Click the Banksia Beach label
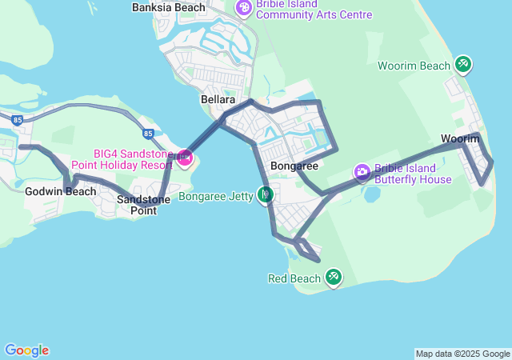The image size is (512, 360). pos(168,8)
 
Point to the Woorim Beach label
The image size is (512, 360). pos(414,65)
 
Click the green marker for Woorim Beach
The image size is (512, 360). pos(462,64)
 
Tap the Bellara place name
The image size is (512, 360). pos(218,100)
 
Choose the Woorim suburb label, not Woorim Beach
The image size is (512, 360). pos(459,139)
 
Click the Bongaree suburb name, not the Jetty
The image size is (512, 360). pos(294,166)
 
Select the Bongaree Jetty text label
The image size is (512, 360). pos(215,195)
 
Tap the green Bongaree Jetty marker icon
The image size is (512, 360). pos(266,194)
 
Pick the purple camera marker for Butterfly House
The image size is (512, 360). pos(362,171)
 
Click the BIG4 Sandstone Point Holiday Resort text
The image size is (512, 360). pos(122,159)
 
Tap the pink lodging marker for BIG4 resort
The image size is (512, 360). pos(185,158)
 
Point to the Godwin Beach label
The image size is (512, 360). pos(61,192)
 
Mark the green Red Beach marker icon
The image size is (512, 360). pos(333,278)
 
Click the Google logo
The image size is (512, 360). pos(26,350)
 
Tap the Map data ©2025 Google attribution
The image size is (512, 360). pos(462,354)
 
